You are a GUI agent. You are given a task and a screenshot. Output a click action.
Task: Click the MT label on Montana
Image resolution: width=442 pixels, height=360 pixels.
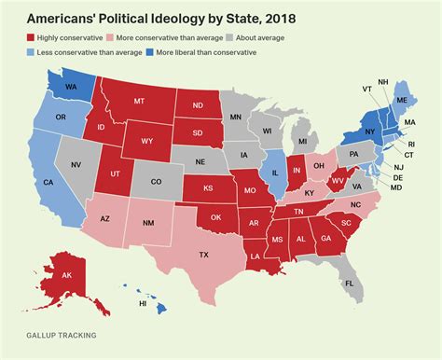coord(141,101)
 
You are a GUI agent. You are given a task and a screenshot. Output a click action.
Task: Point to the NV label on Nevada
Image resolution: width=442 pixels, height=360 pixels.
coord(77,163)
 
